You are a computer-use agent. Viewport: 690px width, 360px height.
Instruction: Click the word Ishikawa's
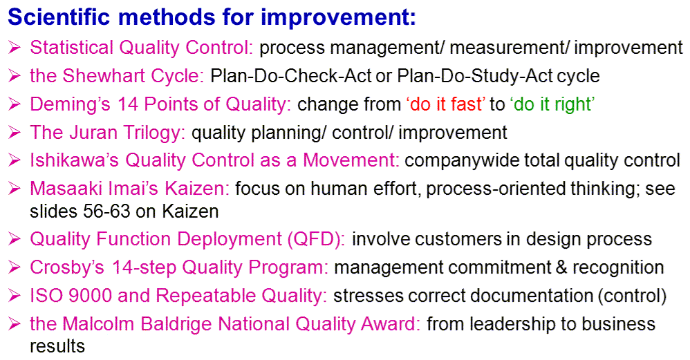[75, 160]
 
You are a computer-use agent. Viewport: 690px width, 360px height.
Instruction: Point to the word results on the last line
[57, 346]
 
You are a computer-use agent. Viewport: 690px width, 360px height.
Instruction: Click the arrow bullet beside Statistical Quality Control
[14, 48]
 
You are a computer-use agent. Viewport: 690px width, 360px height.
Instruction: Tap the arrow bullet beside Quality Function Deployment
[14, 239]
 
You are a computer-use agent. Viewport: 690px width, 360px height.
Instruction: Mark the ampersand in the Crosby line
[561, 267]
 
